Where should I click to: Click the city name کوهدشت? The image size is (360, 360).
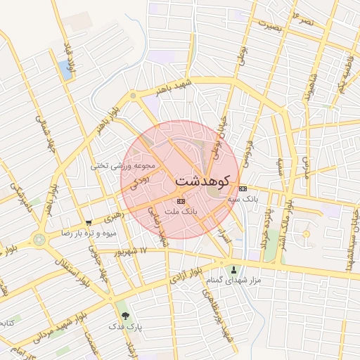pos(203,181)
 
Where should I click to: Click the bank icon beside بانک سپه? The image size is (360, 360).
pos(243,188)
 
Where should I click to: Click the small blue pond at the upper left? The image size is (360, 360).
pos(66,69)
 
